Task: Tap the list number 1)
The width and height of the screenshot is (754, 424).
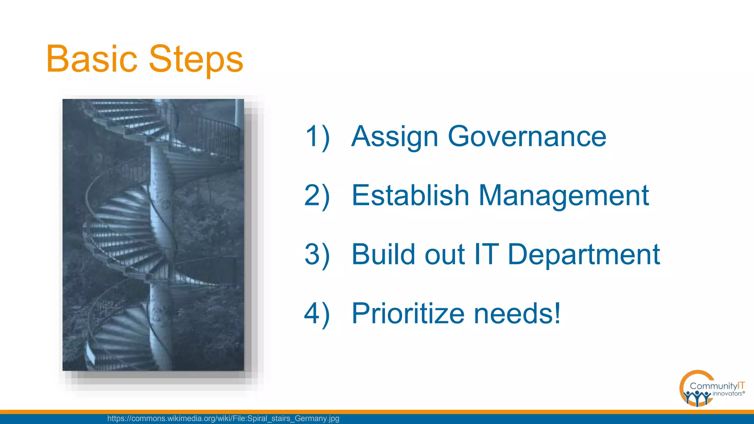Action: pos(317,137)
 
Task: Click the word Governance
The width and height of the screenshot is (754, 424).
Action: pos(527,136)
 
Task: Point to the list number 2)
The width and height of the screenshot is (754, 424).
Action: pos(317,196)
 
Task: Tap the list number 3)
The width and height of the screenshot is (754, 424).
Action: pos(317,255)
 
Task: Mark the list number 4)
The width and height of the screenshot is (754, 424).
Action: pos(317,314)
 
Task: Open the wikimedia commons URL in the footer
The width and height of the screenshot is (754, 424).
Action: pos(223,418)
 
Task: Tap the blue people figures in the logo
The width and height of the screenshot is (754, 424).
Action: pos(696,397)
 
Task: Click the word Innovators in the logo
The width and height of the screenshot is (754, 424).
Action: pos(727,393)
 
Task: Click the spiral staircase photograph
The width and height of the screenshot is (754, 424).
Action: pos(153,234)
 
